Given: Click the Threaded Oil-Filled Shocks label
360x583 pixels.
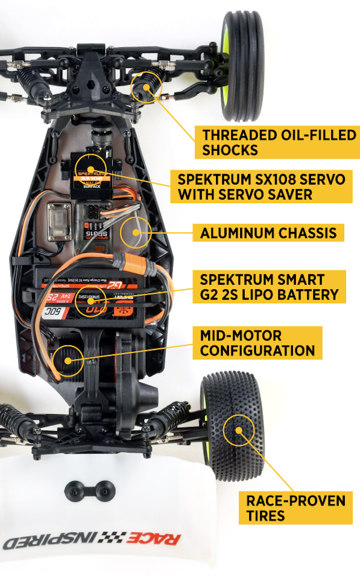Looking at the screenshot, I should point(279,142).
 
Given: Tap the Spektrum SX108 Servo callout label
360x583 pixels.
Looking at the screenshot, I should point(261,187).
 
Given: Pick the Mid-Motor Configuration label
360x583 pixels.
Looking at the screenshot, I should point(258,343).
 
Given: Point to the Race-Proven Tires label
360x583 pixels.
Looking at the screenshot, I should point(295,508).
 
